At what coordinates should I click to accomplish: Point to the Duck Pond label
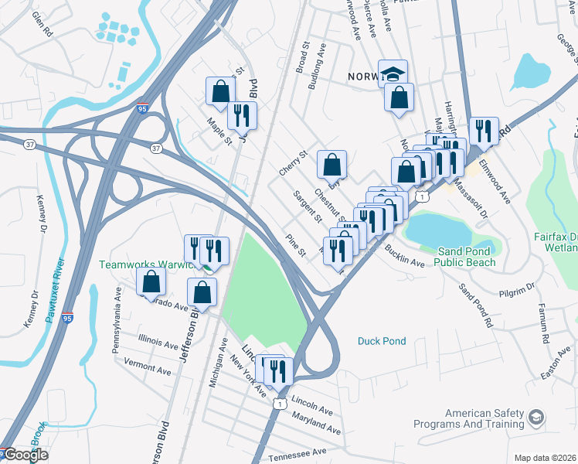(x=382, y=341)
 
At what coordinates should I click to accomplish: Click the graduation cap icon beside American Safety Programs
(x=535, y=418)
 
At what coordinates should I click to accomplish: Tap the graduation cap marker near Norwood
(x=393, y=73)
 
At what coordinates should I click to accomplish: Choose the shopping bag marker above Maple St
(x=220, y=91)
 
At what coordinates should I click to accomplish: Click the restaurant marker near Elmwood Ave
(x=484, y=131)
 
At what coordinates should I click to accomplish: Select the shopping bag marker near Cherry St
(x=331, y=164)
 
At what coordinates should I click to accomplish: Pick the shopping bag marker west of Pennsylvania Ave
(x=151, y=281)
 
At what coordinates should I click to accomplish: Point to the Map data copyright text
(x=546, y=458)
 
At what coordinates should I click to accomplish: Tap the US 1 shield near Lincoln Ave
(x=280, y=403)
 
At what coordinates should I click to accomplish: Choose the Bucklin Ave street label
(x=405, y=258)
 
